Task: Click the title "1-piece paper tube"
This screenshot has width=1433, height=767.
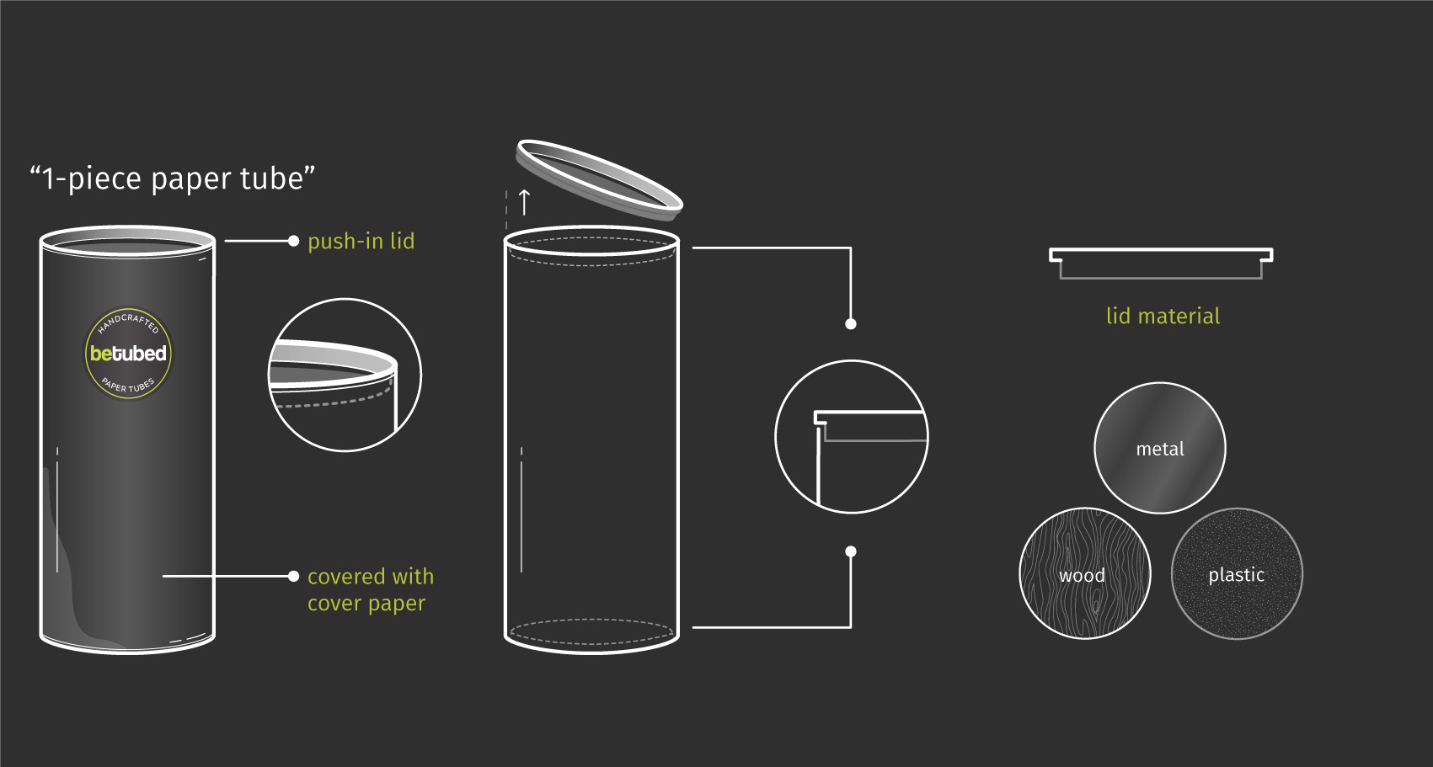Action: pyautogui.click(x=173, y=178)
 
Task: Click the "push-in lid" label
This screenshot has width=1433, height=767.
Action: pyautogui.click(x=361, y=242)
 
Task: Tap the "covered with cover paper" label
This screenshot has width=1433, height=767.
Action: pyautogui.click(x=370, y=589)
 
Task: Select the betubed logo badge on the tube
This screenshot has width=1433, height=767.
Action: pyautogui.click(x=128, y=354)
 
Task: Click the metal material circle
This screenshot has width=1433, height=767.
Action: pyautogui.click(x=1159, y=448)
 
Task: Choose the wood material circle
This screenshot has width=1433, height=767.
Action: pyautogui.click(x=1084, y=573)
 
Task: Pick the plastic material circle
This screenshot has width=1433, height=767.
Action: pyautogui.click(x=1236, y=573)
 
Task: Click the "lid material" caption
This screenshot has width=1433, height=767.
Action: pyautogui.click(x=1163, y=316)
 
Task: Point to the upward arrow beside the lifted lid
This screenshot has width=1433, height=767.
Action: pyautogui.click(x=524, y=202)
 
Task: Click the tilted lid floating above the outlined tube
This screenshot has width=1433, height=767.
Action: pyautogui.click(x=599, y=179)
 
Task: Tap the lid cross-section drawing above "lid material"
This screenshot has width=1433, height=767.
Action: pyautogui.click(x=1160, y=262)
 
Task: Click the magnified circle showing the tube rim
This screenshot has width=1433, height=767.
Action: pyautogui.click(x=344, y=375)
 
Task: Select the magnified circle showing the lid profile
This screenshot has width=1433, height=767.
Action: pyautogui.click(x=851, y=436)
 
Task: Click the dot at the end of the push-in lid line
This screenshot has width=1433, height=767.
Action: pyautogui.click(x=293, y=241)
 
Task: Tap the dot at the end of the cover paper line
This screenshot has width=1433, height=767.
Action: pyautogui.click(x=293, y=576)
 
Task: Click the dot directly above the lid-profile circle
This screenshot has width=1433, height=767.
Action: pyautogui.click(x=851, y=324)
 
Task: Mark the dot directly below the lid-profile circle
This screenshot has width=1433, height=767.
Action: pyautogui.click(x=851, y=551)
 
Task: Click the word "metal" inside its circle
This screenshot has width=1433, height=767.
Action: pyautogui.click(x=1159, y=450)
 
